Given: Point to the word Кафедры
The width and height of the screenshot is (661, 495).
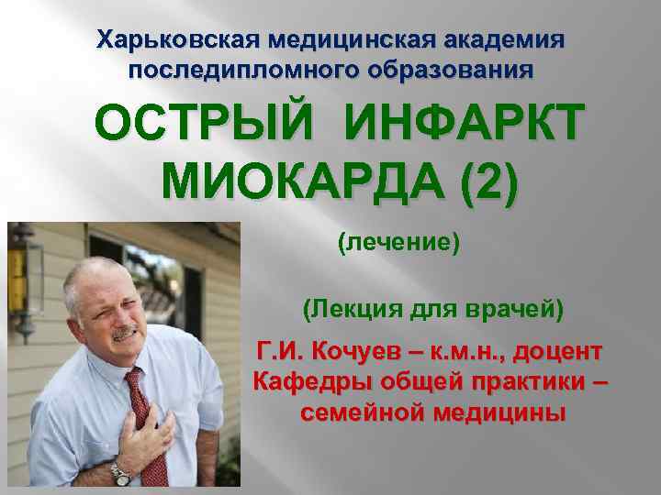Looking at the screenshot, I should pyautogui.click(x=303, y=381).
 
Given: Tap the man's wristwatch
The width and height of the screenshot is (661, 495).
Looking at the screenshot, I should pyautogui.click(x=120, y=474).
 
